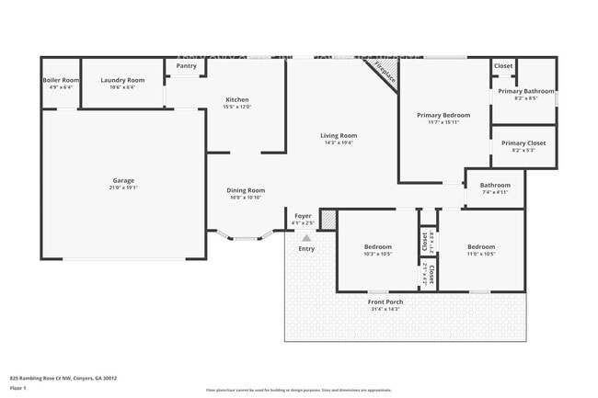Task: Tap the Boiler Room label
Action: pyautogui.click(x=61, y=81)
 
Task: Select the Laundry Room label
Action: pyautogui.click(x=122, y=81)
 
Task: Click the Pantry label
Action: pyautogui.click(x=186, y=66)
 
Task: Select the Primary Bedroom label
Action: pyautogui.click(x=443, y=115)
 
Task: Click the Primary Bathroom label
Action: pyautogui.click(x=525, y=92)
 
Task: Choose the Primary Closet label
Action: pyautogui.click(x=523, y=142)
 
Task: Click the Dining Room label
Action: pyautogui.click(x=246, y=190)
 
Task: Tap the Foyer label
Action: pyautogui.click(x=303, y=216)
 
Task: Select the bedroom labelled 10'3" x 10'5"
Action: pyautogui.click(x=377, y=246)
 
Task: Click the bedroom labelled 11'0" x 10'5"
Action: pyautogui.click(x=480, y=246)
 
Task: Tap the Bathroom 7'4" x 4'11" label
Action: pyautogui.click(x=494, y=186)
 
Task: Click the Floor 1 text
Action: pyautogui.click(x=17, y=388)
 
